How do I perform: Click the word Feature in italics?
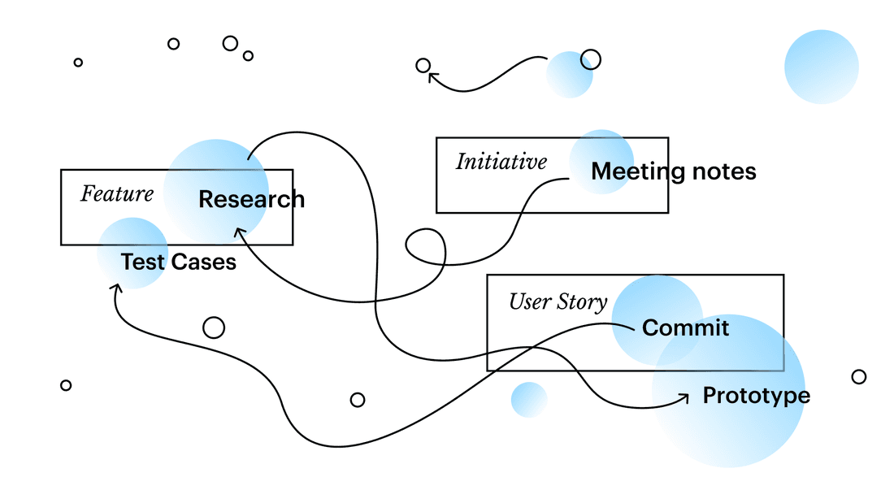click(x=117, y=194)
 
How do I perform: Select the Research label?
click(x=251, y=199)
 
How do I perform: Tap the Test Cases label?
click(x=178, y=262)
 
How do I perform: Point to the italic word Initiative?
click(x=501, y=162)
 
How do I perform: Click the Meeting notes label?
click(x=673, y=172)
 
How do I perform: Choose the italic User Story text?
click(x=558, y=302)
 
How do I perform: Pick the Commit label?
click(x=685, y=327)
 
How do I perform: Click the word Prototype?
click(x=756, y=396)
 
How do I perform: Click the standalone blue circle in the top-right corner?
click(x=821, y=67)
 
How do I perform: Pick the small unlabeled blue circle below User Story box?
click(x=529, y=400)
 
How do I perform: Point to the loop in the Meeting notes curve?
click(x=425, y=246)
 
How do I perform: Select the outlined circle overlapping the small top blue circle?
click(x=591, y=59)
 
